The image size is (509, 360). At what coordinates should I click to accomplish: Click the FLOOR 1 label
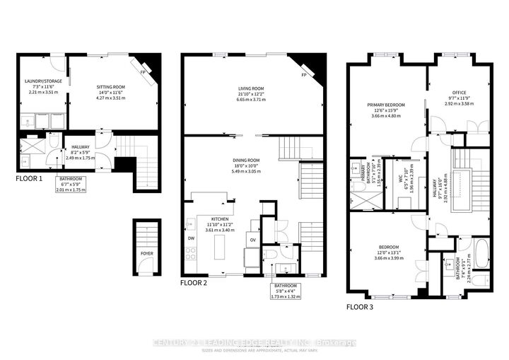click(x=29, y=179)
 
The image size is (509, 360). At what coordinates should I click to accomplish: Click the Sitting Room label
click(x=112, y=87)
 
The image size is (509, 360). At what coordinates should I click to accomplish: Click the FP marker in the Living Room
click(x=304, y=75)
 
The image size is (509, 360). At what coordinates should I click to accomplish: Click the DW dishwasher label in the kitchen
click(x=191, y=238)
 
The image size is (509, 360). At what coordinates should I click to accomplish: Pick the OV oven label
click(x=253, y=239)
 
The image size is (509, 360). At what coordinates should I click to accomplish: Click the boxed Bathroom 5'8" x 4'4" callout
click(x=286, y=291)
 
